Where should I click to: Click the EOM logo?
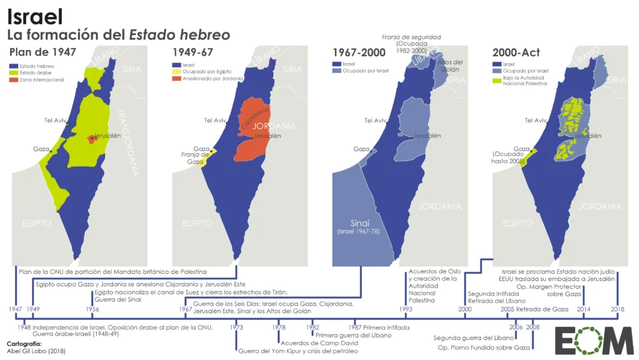pyautogui.click(x=593, y=341)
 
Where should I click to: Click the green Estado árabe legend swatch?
pyautogui.click(x=14, y=72)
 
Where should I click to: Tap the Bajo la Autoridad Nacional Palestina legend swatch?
pyautogui.click(x=497, y=80)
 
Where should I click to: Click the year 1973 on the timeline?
pyautogui.click(x=236, y=327)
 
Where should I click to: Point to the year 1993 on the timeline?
pyautogui.click(x=406, y=309)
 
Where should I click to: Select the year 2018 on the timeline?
pyautogui.click(x=617, y=309)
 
